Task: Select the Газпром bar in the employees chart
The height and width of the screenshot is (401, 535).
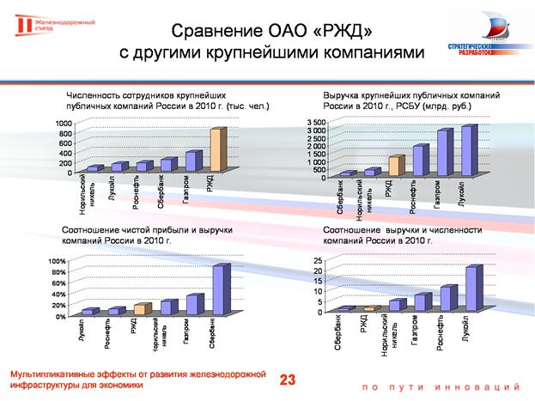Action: click(192, 161)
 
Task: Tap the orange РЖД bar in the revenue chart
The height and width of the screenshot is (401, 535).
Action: click(394, 166)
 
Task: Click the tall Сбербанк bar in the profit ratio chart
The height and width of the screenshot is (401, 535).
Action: click(220, 289)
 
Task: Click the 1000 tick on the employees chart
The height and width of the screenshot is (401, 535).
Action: click(64, 124)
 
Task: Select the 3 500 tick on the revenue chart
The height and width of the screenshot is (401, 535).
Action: click(315, 124)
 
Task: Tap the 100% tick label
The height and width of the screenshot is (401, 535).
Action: click(58, 261)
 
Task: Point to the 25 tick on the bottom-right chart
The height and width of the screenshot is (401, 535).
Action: click(317, 260)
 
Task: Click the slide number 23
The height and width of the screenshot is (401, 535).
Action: click(287, 379)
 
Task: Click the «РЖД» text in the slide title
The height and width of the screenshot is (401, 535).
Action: click(343, 33)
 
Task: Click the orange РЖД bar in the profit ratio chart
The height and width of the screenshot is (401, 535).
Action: click(142, 308)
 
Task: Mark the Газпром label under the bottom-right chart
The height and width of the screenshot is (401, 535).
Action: click(416, 331)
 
